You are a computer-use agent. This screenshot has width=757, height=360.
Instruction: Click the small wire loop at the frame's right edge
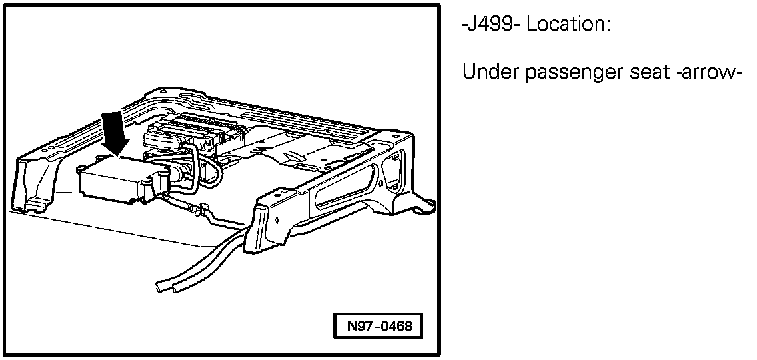click(x=425, y=206)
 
